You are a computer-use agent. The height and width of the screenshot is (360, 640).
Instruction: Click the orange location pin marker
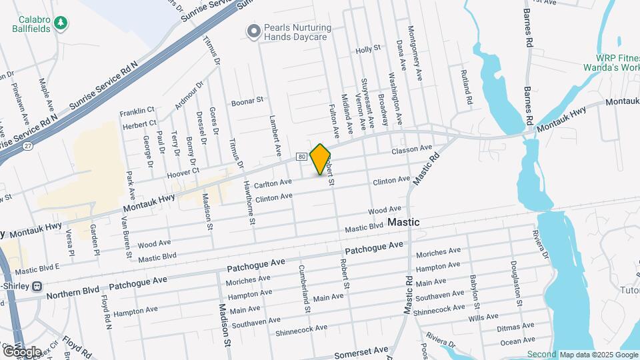321,159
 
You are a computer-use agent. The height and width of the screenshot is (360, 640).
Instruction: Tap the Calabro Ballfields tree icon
61,23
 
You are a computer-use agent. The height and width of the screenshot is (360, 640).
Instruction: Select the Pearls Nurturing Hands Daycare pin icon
253,31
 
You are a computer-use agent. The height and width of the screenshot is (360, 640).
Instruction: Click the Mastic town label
403,222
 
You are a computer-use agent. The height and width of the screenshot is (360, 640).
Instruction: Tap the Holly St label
367,49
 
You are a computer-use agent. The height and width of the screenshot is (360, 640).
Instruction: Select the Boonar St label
247,102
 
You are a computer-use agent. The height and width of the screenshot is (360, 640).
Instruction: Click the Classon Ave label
412,149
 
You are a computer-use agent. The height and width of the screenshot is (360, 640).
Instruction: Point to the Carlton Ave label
273,182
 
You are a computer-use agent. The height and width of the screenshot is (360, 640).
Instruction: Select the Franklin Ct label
137,111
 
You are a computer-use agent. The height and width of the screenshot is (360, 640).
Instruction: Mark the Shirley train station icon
37,285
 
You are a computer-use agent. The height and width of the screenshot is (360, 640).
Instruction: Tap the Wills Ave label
483,319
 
